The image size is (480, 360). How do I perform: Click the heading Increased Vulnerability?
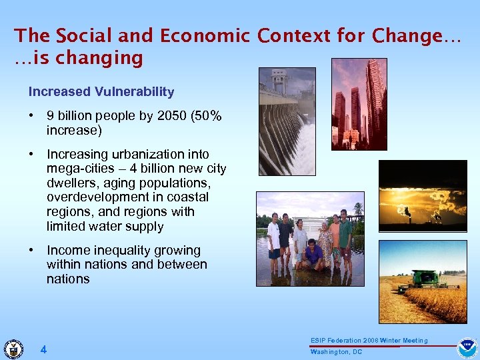coord(101,92)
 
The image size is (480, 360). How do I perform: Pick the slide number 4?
coord(43,349)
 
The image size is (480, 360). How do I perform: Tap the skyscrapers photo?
coord(359,103)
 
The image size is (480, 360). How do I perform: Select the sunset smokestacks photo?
coord(423,196)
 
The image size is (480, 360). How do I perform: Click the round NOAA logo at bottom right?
coord(467,348)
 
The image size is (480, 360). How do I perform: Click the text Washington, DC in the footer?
coord(336,351)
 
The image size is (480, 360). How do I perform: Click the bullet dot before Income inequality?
coord(31,251)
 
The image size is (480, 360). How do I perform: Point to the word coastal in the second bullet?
coord(189,197)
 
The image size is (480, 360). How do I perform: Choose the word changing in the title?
coord(99,59)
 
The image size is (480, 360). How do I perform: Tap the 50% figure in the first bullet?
coord(207,116)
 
